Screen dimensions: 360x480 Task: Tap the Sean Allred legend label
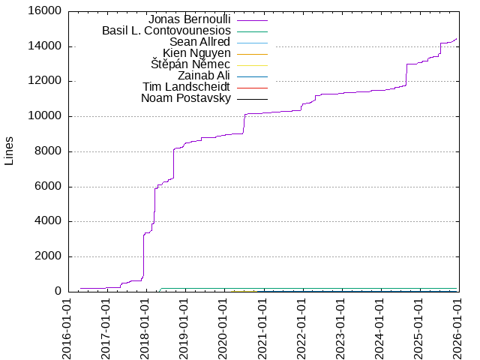[x=199, y=42]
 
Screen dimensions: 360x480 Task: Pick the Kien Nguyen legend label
[x=196, y=53]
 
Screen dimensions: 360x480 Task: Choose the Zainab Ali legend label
[x=204, y=76]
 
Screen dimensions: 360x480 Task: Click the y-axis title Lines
[x=9, y=151]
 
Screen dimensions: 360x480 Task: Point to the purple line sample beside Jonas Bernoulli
[x=252, y=19]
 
